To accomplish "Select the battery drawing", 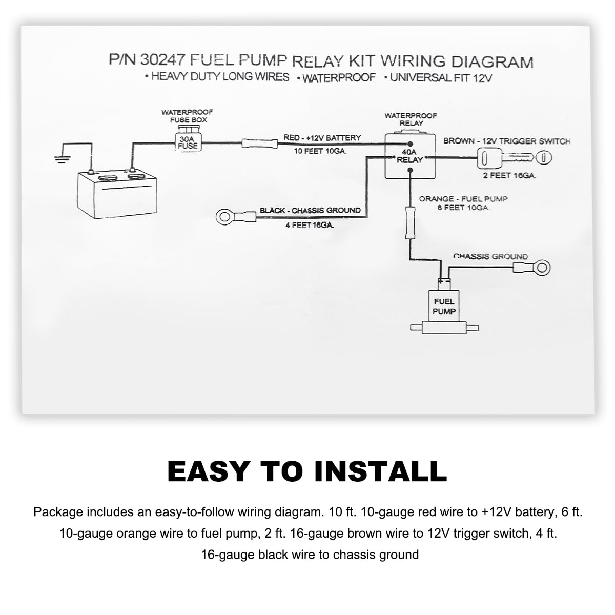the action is point(117,194).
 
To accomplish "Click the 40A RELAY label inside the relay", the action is point(409,156).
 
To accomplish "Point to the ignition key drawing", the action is point(515,158).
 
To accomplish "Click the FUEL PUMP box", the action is point(444,306).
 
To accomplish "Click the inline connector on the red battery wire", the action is point(259,143).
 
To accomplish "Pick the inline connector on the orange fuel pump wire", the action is point(410,222).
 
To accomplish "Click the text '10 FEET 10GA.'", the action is point(320,151).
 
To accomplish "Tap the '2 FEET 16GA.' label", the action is point(509,175).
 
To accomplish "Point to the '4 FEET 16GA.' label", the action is point(310,225).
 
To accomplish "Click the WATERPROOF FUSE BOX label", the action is point(188,116).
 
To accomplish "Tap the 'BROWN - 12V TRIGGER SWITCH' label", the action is point(507,141).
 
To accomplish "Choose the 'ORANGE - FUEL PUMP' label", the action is point(463,199).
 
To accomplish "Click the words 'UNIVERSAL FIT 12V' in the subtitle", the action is point(441,78).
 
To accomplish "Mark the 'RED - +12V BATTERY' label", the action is point(322,138).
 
